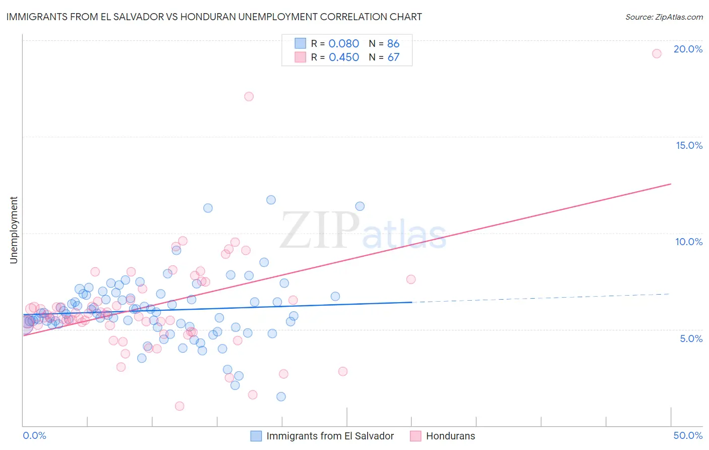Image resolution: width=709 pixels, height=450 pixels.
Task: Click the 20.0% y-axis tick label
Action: tap(688, 49)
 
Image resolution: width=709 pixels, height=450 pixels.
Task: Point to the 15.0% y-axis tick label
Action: tap(689, 145)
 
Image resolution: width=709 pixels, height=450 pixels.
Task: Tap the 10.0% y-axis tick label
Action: tap(689, 242)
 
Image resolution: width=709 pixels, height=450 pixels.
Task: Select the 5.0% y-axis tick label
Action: tap(691, 339)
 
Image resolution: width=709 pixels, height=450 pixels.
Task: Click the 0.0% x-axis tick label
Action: tap(34, 435)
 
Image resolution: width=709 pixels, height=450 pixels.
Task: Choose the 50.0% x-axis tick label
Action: tap(688, 435)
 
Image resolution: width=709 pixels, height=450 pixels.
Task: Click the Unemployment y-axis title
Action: tap(14, 230)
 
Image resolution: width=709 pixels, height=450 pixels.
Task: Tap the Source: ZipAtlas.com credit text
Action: tap(664, 17)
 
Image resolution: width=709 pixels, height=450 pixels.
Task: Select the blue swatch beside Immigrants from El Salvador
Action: tap(256, 436)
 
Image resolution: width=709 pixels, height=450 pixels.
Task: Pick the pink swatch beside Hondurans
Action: tap(416, 436)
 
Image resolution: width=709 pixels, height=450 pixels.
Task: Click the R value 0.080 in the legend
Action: tap(344, 44)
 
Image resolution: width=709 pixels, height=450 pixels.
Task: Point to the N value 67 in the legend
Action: tap(393, 58)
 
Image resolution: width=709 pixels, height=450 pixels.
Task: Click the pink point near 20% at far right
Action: tap(657, 53)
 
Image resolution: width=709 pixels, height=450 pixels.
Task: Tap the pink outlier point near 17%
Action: tap(249, 96)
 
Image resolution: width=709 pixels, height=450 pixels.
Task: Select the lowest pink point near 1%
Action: tap(179, 406)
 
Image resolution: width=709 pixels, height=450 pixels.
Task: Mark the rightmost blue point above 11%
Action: tap(360, 206)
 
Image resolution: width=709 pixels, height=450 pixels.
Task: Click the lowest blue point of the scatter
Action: tap(281, 397)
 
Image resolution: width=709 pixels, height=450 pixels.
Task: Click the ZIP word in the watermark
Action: tap(319, 230)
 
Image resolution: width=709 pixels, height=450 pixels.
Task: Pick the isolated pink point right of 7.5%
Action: tap(410, 279)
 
